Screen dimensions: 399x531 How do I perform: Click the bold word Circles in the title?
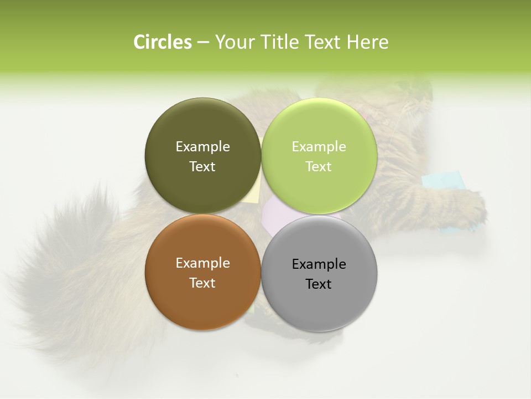pos(163,42)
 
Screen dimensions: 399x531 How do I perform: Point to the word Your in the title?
pos(234,42)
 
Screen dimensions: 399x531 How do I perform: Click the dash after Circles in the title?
pos(203,43)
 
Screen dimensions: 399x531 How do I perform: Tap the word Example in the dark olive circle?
pos(202,146)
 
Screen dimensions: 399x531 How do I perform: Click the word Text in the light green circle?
pos(319,166)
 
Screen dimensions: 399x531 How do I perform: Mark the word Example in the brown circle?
pos(202,263)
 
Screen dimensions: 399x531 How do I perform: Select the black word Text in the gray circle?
pos(319,284)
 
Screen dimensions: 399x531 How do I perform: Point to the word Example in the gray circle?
pos(319,264)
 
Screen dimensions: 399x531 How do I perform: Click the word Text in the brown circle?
pos(202,283)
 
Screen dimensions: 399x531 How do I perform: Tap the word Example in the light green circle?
pos(319,146)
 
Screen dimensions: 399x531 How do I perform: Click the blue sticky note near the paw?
pos(442,180)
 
